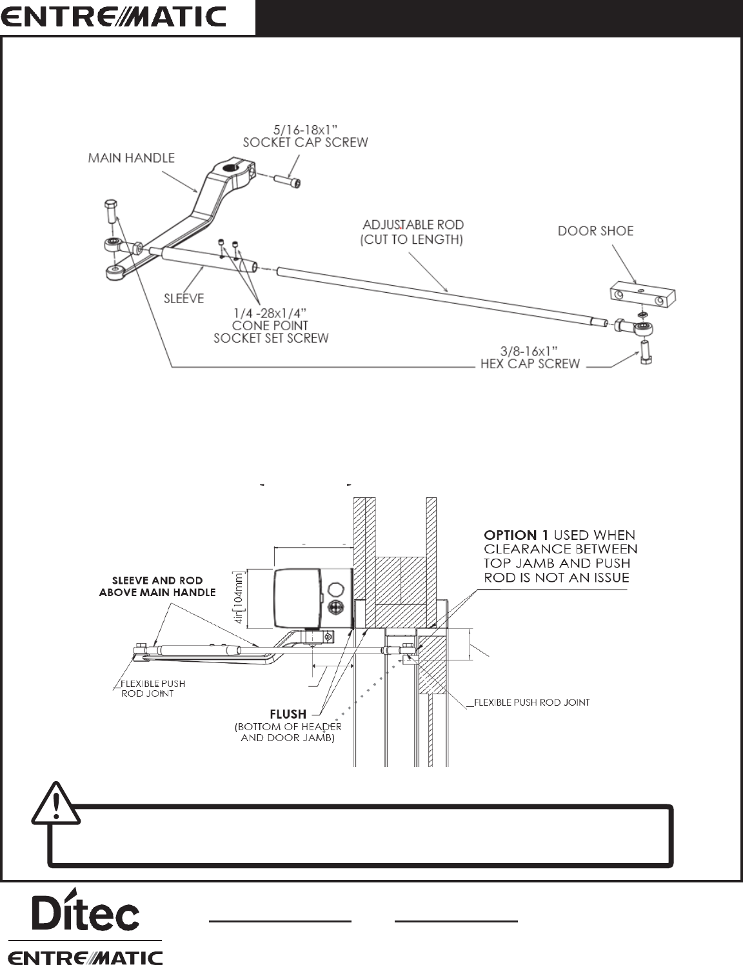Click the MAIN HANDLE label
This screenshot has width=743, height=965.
point(131,158)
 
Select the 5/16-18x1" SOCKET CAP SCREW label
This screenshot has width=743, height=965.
point(305,135)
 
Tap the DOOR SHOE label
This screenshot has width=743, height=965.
point(595,230)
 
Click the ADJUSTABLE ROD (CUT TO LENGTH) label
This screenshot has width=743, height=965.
point(413,232)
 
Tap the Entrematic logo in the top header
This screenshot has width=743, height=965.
point(114,17)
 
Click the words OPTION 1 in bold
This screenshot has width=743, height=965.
point(510,535)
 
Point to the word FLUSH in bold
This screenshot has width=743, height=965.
point(288,714)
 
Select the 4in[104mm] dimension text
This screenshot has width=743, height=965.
point(239,598)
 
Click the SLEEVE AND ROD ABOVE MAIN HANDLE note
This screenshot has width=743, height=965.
point(157,586)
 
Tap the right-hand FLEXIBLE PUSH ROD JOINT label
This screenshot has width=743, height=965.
point(531,702)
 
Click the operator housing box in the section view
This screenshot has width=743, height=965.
point(313,598)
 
